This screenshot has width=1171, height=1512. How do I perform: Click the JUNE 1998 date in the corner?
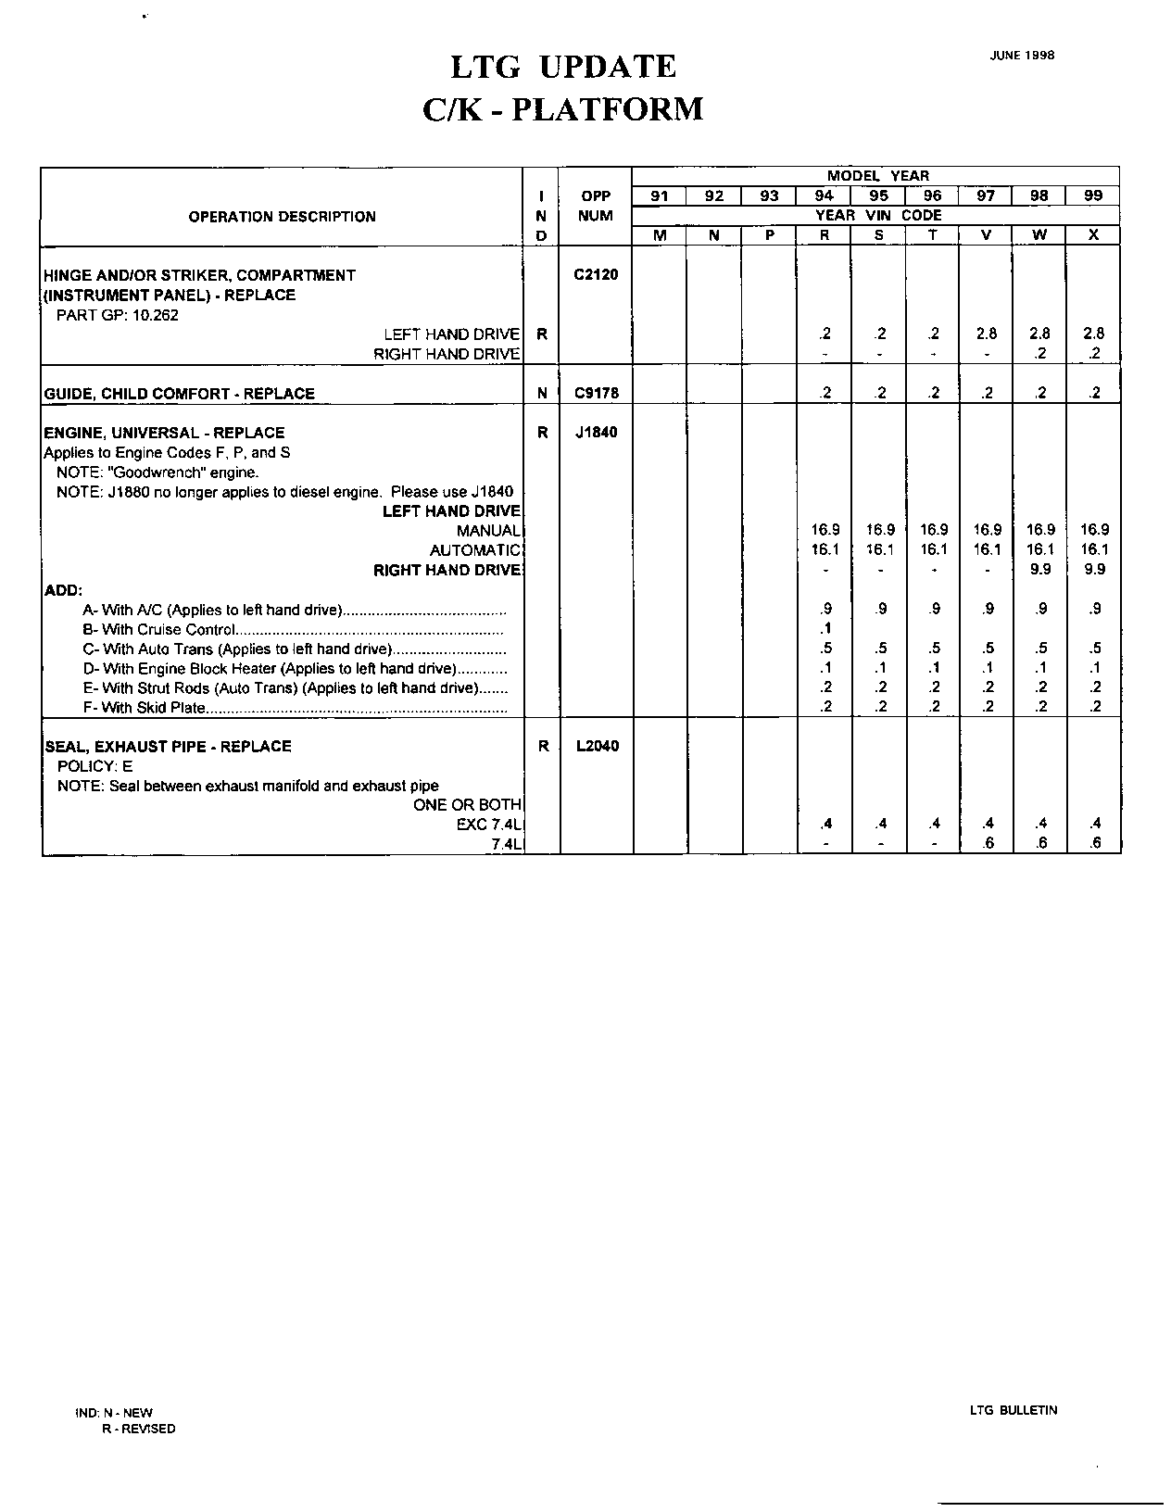[1022, 55]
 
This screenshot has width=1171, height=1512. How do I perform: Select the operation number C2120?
[596, 274]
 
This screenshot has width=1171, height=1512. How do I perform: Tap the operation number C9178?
[596, 393]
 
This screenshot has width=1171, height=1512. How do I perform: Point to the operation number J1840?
[596, 432]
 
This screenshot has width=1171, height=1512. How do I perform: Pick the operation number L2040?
[596, 746]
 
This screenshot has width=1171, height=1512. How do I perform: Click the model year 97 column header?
[987, 195]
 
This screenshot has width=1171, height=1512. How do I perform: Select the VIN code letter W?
[1040, 235]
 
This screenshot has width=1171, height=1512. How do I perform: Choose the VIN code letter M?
[660, 235]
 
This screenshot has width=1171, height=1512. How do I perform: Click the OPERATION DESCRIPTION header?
[282, 217]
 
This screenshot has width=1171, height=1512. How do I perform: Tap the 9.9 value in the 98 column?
[1040, 570]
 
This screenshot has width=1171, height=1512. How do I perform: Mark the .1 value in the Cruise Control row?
[825, 629]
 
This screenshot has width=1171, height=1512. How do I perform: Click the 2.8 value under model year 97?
[987, 334]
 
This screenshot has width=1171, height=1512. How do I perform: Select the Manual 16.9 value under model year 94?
[825, 530]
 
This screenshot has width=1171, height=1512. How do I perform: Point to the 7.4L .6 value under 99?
[1094, 844]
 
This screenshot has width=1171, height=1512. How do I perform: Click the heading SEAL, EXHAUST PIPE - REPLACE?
[168, 747]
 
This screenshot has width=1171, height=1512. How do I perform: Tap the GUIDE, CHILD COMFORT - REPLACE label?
[180, 394]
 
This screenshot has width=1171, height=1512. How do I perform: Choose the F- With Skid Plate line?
[144, 709]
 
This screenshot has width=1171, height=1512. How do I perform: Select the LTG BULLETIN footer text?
[1014, 1410]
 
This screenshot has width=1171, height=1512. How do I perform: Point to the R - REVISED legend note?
[138, 1429]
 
